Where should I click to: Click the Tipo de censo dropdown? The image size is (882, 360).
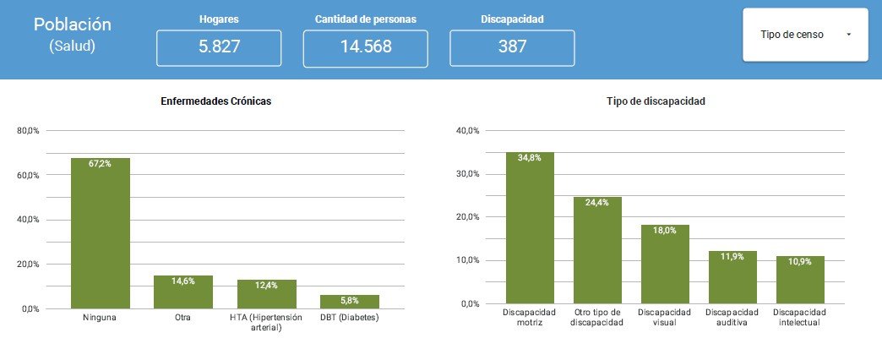(x=804, y=35)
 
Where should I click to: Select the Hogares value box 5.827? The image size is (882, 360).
(x=220, y=47)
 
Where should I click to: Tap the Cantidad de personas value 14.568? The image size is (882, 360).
(x=366, y=47)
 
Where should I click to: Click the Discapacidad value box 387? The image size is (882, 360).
(x=512, y=47)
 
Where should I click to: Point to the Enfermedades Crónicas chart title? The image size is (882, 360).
(x=216, y=101)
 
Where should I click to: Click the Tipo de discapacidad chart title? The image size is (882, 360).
(x=656, y=101)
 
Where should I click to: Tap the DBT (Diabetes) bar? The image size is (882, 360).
(x=350, y=302)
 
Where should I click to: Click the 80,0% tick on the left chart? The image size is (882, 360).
(x=29, y=131)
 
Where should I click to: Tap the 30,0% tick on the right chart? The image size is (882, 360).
(x=468, y=174)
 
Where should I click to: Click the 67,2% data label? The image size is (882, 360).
(x=100, y=164)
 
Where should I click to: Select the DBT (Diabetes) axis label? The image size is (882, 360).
(x=350, y=318)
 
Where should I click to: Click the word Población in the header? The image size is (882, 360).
(x=73, y=25)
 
